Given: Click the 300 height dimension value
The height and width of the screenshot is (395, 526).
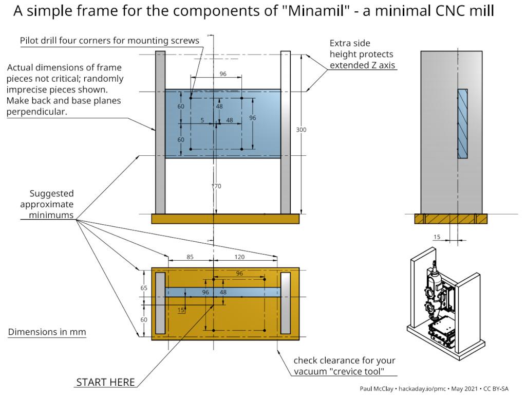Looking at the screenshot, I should (x=301, y=130).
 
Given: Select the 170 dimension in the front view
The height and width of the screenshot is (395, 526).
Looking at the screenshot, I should (x=216, y=186).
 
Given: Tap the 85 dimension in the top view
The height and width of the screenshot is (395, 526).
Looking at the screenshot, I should (x=190, y=257).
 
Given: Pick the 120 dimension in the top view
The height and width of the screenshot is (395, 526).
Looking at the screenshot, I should (x=239, y=257).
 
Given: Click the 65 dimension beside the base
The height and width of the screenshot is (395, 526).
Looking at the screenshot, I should (x=144, y=288).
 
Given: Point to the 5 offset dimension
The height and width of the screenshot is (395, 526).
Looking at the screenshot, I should (x=202, y=120).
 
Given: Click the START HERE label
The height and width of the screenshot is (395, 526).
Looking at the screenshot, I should (x=105, y=382).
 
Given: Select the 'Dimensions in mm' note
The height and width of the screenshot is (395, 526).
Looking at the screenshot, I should (x=47, y=332).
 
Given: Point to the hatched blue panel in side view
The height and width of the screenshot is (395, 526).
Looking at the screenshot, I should (x=462, y=123).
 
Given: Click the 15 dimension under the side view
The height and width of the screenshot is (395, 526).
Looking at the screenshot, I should (x=437, y=237).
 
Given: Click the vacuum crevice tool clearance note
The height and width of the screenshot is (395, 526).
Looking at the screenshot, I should (x=344, y=366).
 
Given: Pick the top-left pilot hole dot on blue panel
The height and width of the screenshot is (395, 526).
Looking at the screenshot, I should (x=191, y=97).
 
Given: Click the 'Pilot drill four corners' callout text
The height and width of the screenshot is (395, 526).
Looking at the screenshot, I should (x=109, y=41).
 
